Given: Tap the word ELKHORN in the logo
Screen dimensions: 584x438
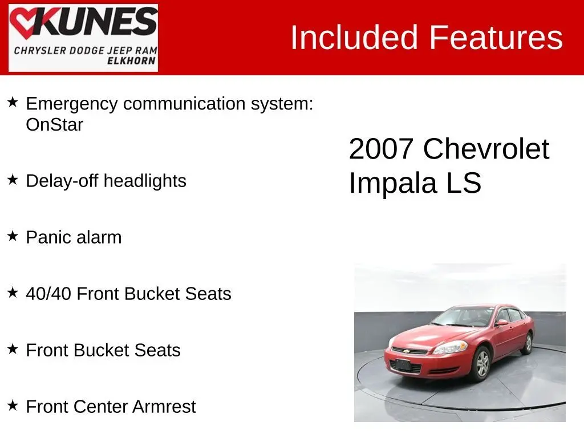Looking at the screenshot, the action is (x=131, y=61).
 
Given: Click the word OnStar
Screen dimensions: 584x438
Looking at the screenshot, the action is (x=54, y=124).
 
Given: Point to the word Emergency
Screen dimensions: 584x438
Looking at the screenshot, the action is (x=72, y=104).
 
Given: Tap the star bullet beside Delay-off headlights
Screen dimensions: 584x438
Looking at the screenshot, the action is (x=13, y=180).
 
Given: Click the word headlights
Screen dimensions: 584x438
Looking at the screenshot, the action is (x=145, y=181).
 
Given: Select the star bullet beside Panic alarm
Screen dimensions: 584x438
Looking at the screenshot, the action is (x=13, y=236).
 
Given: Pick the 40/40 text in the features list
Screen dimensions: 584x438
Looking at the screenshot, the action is (x=48, y=294).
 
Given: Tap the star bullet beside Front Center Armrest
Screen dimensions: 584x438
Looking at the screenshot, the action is (x=13, y=405).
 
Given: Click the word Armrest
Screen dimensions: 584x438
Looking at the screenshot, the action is (x=164, y=406).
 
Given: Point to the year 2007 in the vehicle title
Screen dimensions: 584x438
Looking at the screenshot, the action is (x=381, y=149).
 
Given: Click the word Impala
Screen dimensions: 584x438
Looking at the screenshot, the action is (x=392, y=183).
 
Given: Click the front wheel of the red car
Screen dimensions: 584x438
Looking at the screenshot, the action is (x=482, y=363).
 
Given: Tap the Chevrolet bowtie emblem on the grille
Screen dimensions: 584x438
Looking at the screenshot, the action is (x=406, y=351).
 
